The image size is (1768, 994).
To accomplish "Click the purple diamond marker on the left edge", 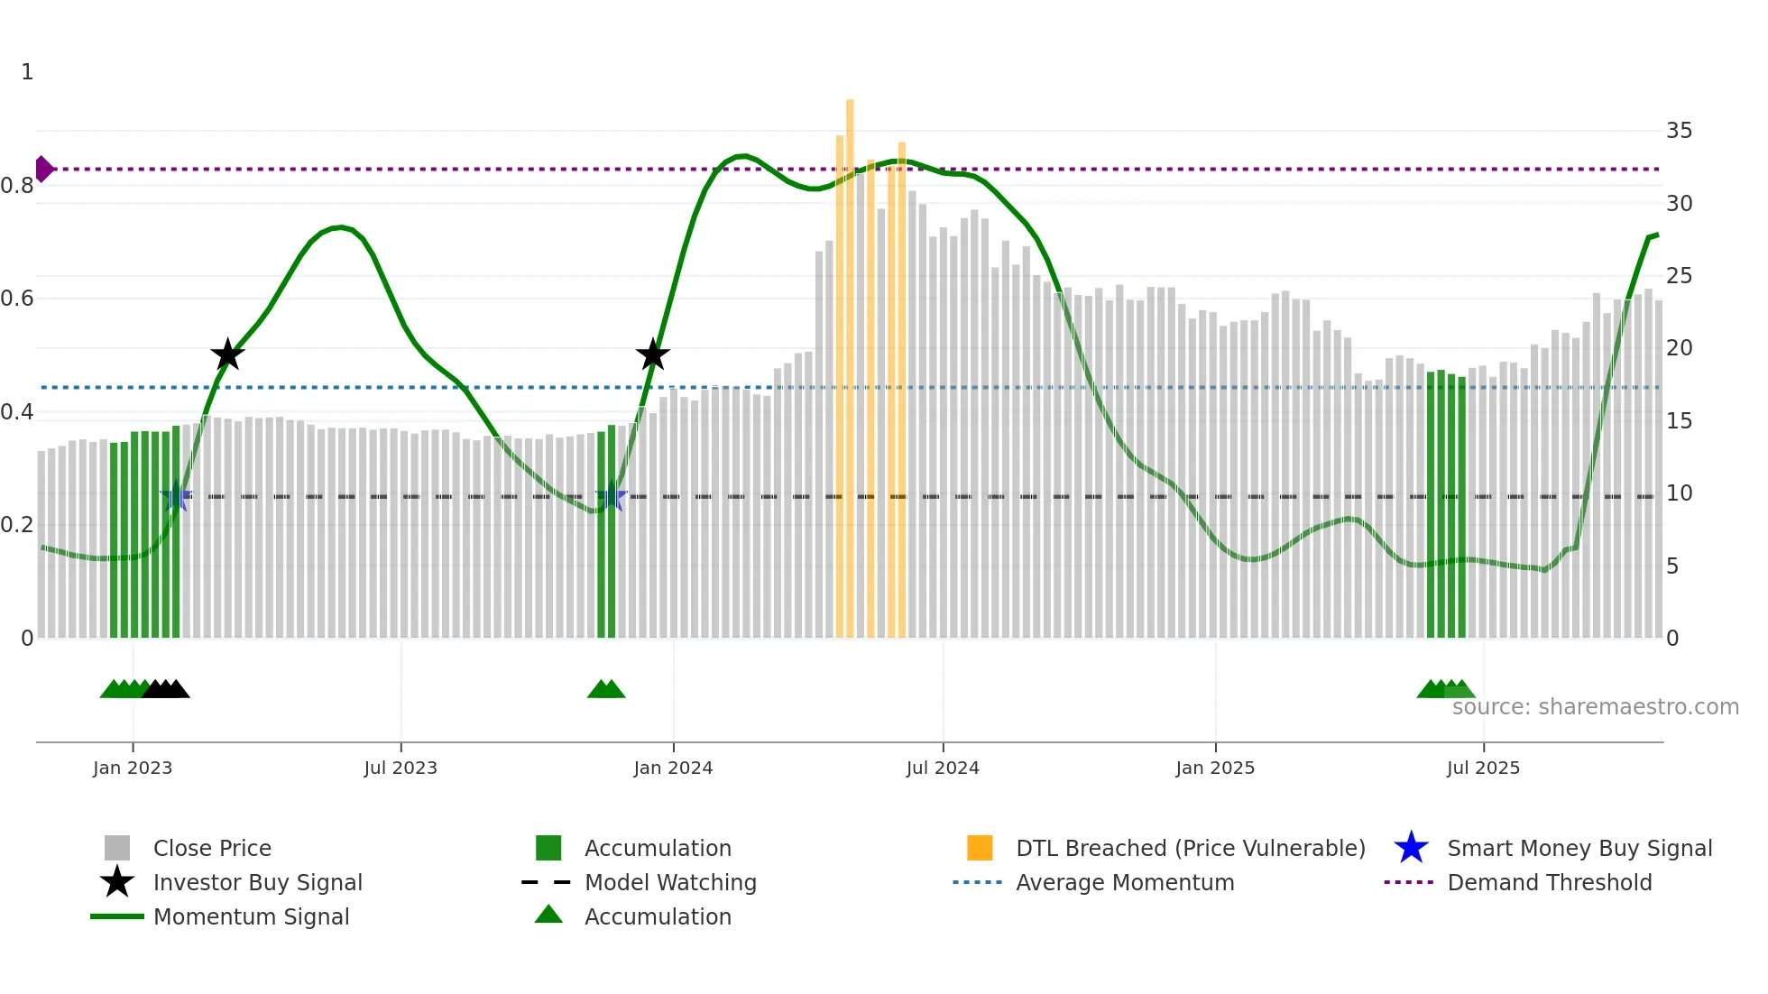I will [x=43, y=169].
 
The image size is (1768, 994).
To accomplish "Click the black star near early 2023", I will [x=227, y=354].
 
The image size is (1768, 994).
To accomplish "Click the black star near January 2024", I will [x=652, y=354].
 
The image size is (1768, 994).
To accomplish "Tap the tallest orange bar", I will [x=850, y=361].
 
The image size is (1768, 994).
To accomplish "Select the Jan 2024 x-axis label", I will [x=673, y=769].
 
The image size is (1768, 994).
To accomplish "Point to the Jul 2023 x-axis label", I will [x=401, y=769].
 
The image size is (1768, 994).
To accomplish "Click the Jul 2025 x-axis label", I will [x=1483, y=769].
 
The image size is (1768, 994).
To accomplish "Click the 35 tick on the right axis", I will [x=1679, y=131].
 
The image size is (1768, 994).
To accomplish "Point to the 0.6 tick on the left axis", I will [x=17, y=299].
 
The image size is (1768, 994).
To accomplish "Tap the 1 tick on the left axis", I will [x=27, y=72].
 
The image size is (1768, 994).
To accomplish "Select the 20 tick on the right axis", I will [x=1679, y=348].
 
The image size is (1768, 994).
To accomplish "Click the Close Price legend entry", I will [x=212, y=849].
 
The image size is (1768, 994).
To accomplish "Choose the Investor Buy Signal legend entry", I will [x=257, y=883].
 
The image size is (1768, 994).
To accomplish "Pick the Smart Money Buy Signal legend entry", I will [x=1579, y=849].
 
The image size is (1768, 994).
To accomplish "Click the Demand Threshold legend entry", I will [x=1549, y=883].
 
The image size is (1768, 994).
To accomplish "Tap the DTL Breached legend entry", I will [x=1190, y=849].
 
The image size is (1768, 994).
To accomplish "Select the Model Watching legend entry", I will [x=670, y=883].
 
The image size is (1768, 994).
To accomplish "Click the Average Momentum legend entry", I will [x=1124, y=883].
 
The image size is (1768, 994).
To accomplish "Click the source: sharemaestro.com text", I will [x=1595, y=707].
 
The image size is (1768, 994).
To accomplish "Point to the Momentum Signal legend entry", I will [x=251, y=917].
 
